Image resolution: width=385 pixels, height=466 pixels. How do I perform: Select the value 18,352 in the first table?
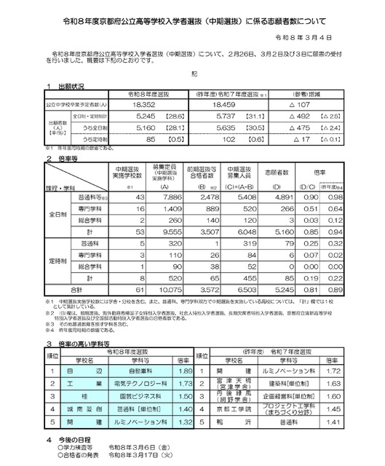(x=148, y=106)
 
